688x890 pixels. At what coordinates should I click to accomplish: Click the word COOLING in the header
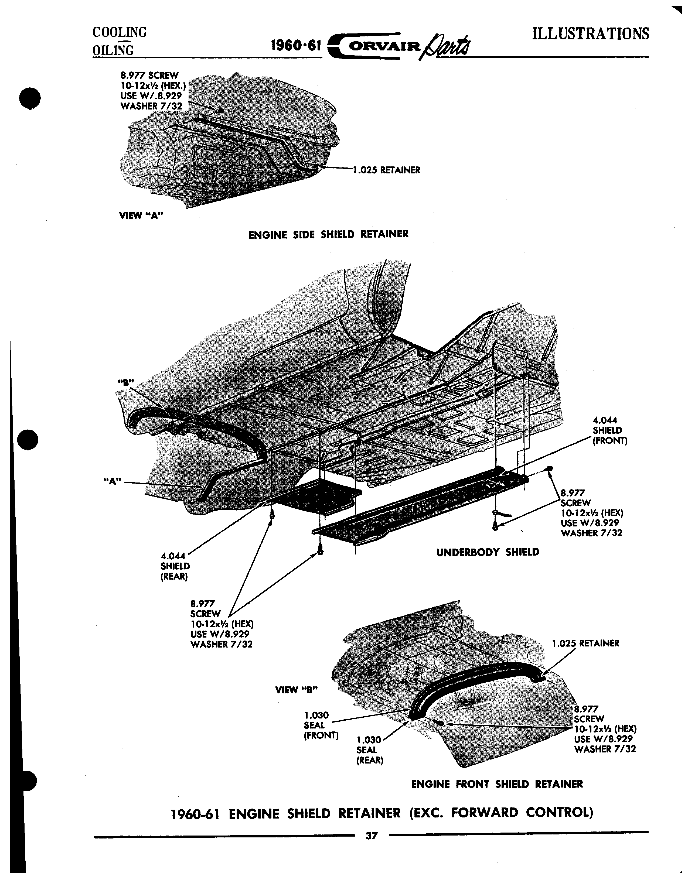[120, 32]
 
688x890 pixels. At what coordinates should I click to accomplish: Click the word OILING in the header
[113, 50]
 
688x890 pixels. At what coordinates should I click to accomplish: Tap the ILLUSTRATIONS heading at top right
[591, 34]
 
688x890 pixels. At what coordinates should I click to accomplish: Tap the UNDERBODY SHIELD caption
[488, 552]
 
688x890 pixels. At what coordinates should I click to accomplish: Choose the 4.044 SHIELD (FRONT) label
[609, 430]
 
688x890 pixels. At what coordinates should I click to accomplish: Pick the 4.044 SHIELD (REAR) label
[175, 566]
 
